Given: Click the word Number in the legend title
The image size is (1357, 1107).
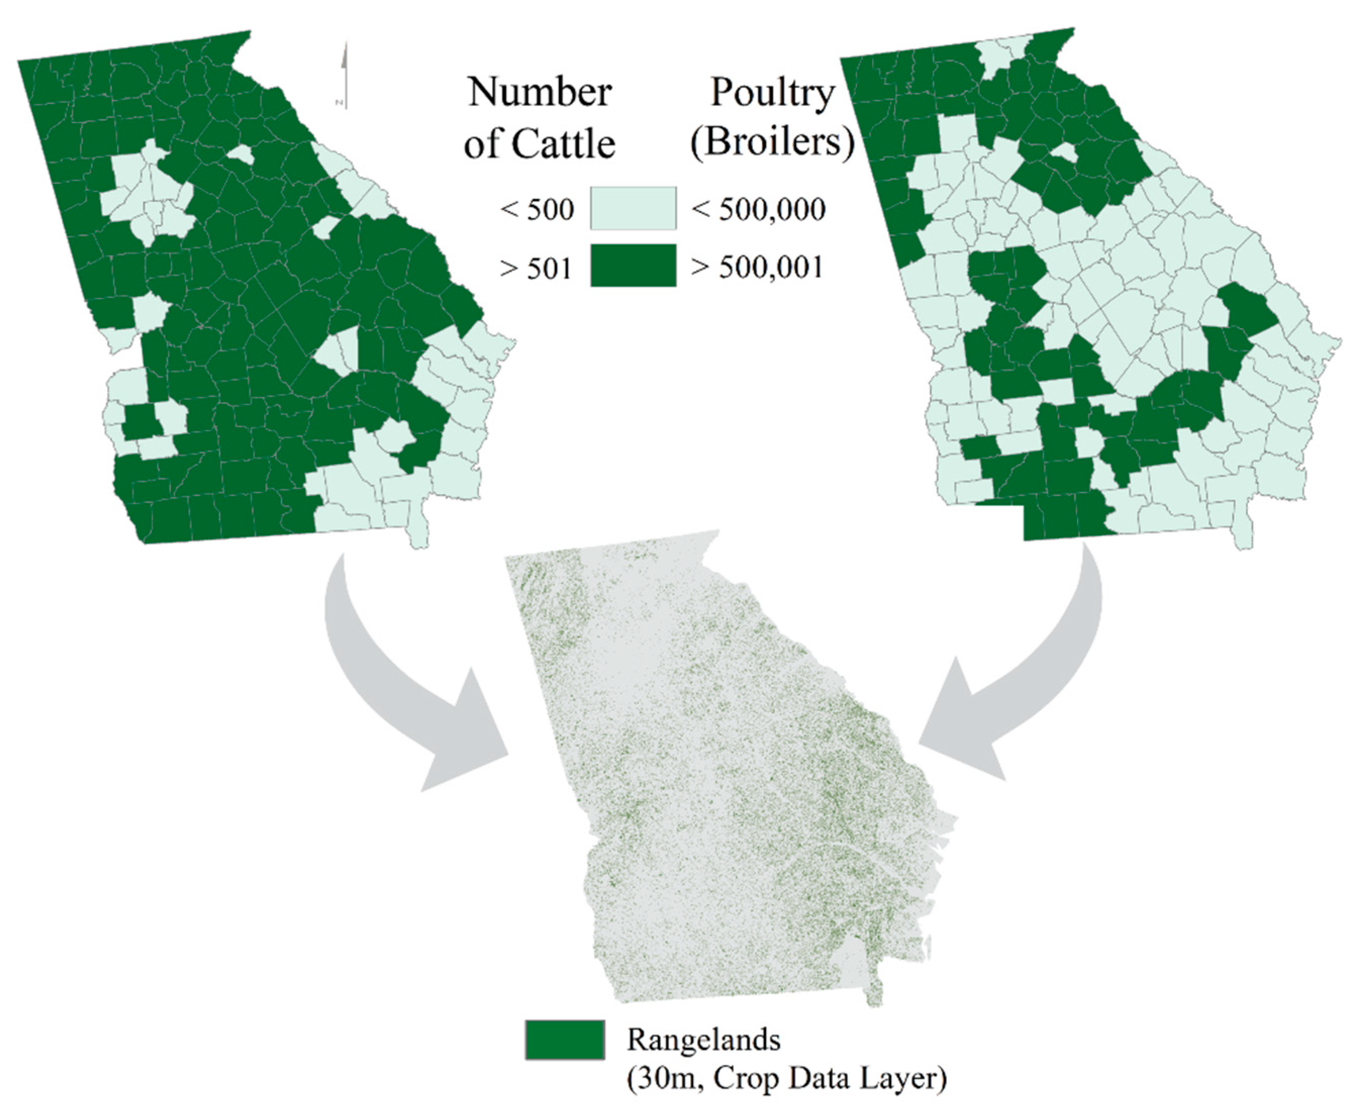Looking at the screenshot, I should coord(540,93).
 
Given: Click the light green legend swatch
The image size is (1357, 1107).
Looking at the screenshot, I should coord(633,208).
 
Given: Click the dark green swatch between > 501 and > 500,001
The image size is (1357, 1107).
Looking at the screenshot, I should coord(633,266).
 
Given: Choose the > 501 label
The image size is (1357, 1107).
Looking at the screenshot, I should coord(536,269).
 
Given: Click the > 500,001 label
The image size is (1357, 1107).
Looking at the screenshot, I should coord(758,267).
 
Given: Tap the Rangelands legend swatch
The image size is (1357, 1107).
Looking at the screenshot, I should coord(565,1039).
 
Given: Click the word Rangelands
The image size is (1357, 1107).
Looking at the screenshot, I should coord(703,1039).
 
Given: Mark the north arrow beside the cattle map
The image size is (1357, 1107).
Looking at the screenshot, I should coord(344,75).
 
